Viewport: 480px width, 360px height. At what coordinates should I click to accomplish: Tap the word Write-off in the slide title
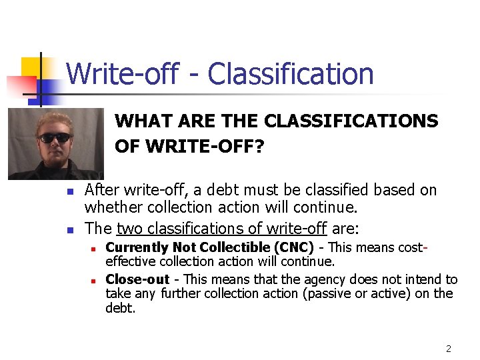[x=122, y=73]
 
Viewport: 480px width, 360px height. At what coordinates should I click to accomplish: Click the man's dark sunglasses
[x=55, y=138]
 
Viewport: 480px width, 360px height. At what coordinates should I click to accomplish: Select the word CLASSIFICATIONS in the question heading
[x=351, y=121]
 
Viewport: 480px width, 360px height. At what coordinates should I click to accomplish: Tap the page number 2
[x=449, y=349]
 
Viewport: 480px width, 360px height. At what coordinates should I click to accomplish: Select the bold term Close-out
[x=137, y=279]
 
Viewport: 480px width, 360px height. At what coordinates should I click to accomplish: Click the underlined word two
[x=130, y=229]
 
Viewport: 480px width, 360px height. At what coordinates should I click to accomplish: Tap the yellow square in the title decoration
[x=31, y=67]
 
